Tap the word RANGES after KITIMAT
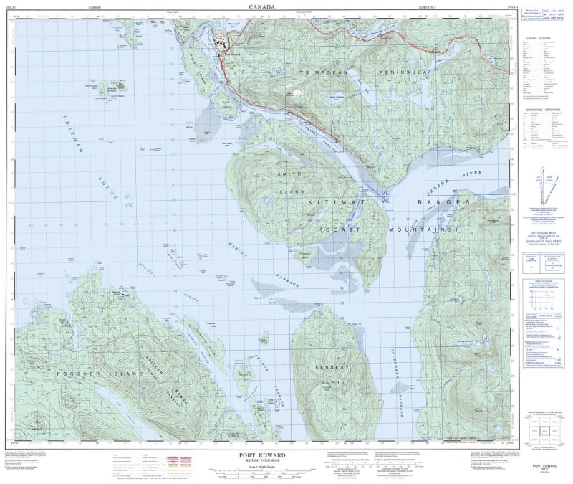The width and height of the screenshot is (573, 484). pyautogui.click(x=443, y=204)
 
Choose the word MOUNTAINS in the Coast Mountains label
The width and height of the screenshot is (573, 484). pyautogui.click(x=418, y=229)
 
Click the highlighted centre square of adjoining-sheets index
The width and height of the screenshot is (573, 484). pyautogui.click(x=546, y=430)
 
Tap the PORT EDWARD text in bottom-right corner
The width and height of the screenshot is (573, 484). pyautogui.click(x=546, y=465)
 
